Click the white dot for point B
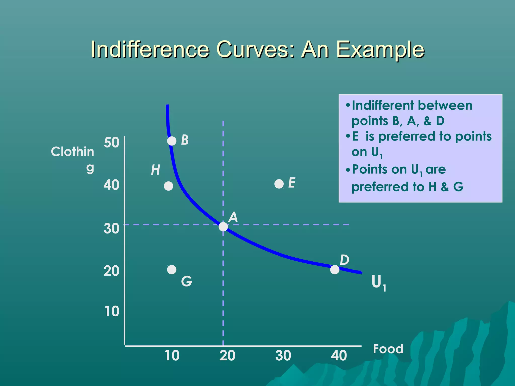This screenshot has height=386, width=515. (172, 141)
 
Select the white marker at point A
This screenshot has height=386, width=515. (223, 227)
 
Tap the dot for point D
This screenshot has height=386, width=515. (335, 270)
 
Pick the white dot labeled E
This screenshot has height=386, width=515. (279, 184)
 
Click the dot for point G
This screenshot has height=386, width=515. (172, 270)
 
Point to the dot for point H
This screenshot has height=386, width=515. (168, 186)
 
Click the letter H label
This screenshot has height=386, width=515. (155, 170)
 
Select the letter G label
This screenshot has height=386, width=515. (187, 281)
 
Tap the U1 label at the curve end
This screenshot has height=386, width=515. (378, 282)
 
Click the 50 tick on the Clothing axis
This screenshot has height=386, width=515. (111, 143)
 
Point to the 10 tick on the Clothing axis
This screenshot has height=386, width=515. (111, 311)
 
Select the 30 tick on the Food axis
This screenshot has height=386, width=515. (283, 356)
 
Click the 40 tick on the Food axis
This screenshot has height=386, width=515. (339, 356)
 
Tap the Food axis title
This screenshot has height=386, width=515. (388, 349)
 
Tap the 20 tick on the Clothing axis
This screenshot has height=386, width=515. (111, 271)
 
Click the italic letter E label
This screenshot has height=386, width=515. (292, 183)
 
